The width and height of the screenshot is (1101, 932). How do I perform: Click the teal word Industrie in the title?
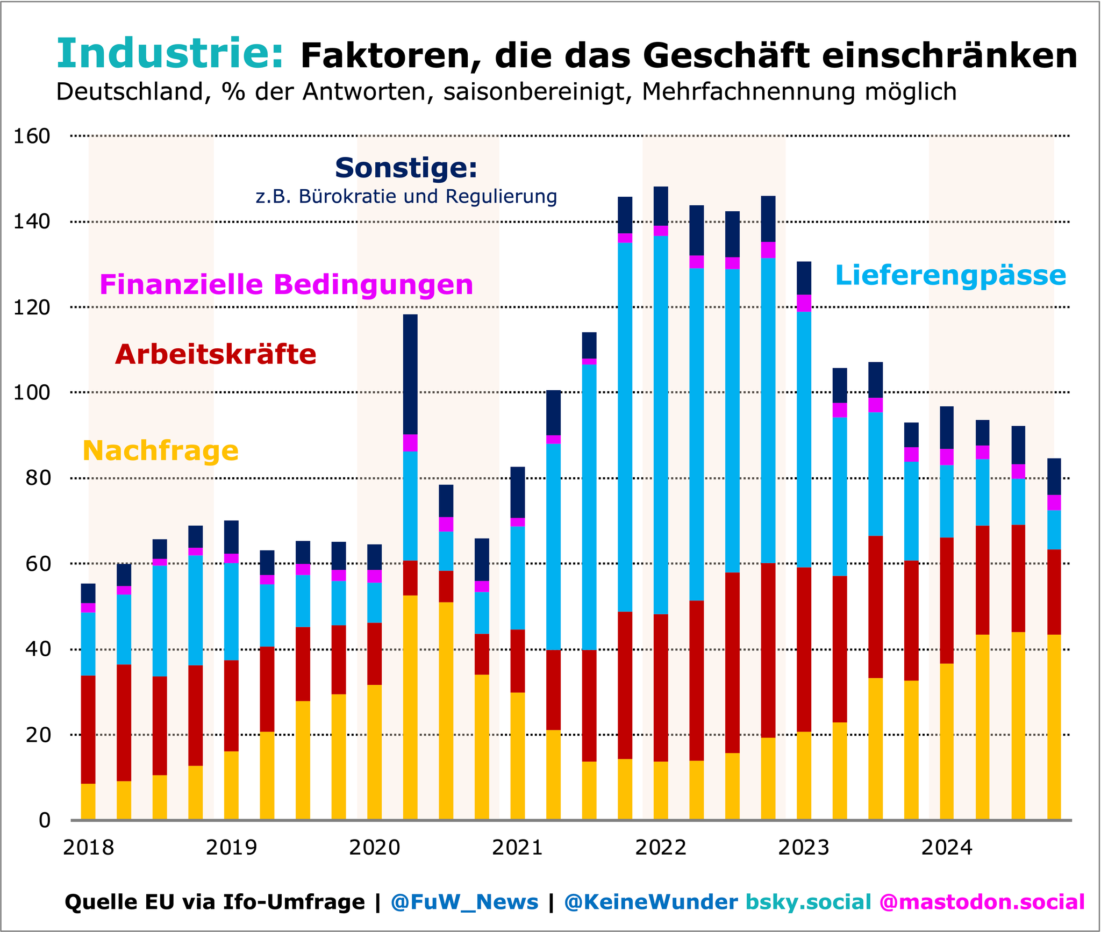(x=169, y=54)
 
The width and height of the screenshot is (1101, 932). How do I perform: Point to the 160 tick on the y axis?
(x=32, y=137)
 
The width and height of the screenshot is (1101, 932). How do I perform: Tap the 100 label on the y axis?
(x=32, y=393)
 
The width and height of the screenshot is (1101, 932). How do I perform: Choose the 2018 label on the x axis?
(x=89, y=848)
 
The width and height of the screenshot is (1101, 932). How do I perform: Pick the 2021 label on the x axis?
(x=518, y=848)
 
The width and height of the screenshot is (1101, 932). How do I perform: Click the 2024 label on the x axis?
(x=947, y=848)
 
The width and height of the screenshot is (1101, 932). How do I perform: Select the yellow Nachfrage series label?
(x=160, y=450)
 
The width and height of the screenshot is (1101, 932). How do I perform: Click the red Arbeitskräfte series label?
(x=216, y=355)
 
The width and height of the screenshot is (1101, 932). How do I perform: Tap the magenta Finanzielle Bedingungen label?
(x=286, y=285)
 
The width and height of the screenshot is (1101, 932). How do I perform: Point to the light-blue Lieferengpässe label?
(x=950, y=276)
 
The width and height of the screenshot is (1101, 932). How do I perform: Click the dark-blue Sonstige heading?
(x=406, y=168)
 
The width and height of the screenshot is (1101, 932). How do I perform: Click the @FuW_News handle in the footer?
(x=464, y=902)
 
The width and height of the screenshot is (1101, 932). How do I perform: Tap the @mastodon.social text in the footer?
(x=982, y=902)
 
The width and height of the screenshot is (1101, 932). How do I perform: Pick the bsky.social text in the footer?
(x=809, y=902)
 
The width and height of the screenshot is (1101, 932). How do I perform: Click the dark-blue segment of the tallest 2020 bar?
(x=410, y=374)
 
